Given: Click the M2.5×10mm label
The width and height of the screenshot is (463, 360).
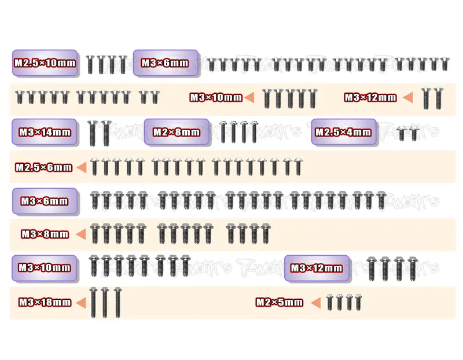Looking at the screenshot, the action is point(45,63).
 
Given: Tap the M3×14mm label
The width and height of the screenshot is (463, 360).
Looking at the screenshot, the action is point(45,132).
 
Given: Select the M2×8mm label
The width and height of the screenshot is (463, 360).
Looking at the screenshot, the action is point(177,132).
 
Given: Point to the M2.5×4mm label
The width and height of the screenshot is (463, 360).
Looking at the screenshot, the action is point(343,132).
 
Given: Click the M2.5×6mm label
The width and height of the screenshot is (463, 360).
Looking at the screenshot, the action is point(44,167).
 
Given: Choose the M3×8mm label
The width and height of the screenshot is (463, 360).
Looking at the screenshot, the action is point(45,234).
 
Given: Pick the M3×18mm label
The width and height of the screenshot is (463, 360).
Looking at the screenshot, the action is point(45,302).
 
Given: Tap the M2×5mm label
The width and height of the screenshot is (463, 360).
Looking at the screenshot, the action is point(280,302).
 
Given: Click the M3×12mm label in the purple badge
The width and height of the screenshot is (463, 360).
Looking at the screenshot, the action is point(317,268).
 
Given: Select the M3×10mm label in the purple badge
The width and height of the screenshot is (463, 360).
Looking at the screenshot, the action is point(45,267).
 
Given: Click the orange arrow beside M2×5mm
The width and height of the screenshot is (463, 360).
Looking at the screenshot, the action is point(316,303).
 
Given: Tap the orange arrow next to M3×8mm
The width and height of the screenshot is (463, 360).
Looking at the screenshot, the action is point(81,234).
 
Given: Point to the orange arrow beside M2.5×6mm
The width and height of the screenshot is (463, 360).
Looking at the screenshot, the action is point(82,167).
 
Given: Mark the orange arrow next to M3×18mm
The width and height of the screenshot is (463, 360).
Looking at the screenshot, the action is point(81,303).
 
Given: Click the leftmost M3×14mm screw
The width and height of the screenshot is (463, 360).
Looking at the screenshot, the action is point(93,133).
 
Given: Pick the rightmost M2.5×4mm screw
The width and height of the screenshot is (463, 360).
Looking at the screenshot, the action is point(414,133).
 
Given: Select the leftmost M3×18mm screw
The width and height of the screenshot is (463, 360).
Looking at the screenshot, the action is point(93,303).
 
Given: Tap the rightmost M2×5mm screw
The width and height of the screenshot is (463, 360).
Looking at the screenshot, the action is point(358,303).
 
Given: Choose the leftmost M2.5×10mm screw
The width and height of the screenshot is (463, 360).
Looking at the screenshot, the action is point(90,64).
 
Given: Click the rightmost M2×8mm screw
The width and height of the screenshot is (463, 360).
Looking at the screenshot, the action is point(254,133).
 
